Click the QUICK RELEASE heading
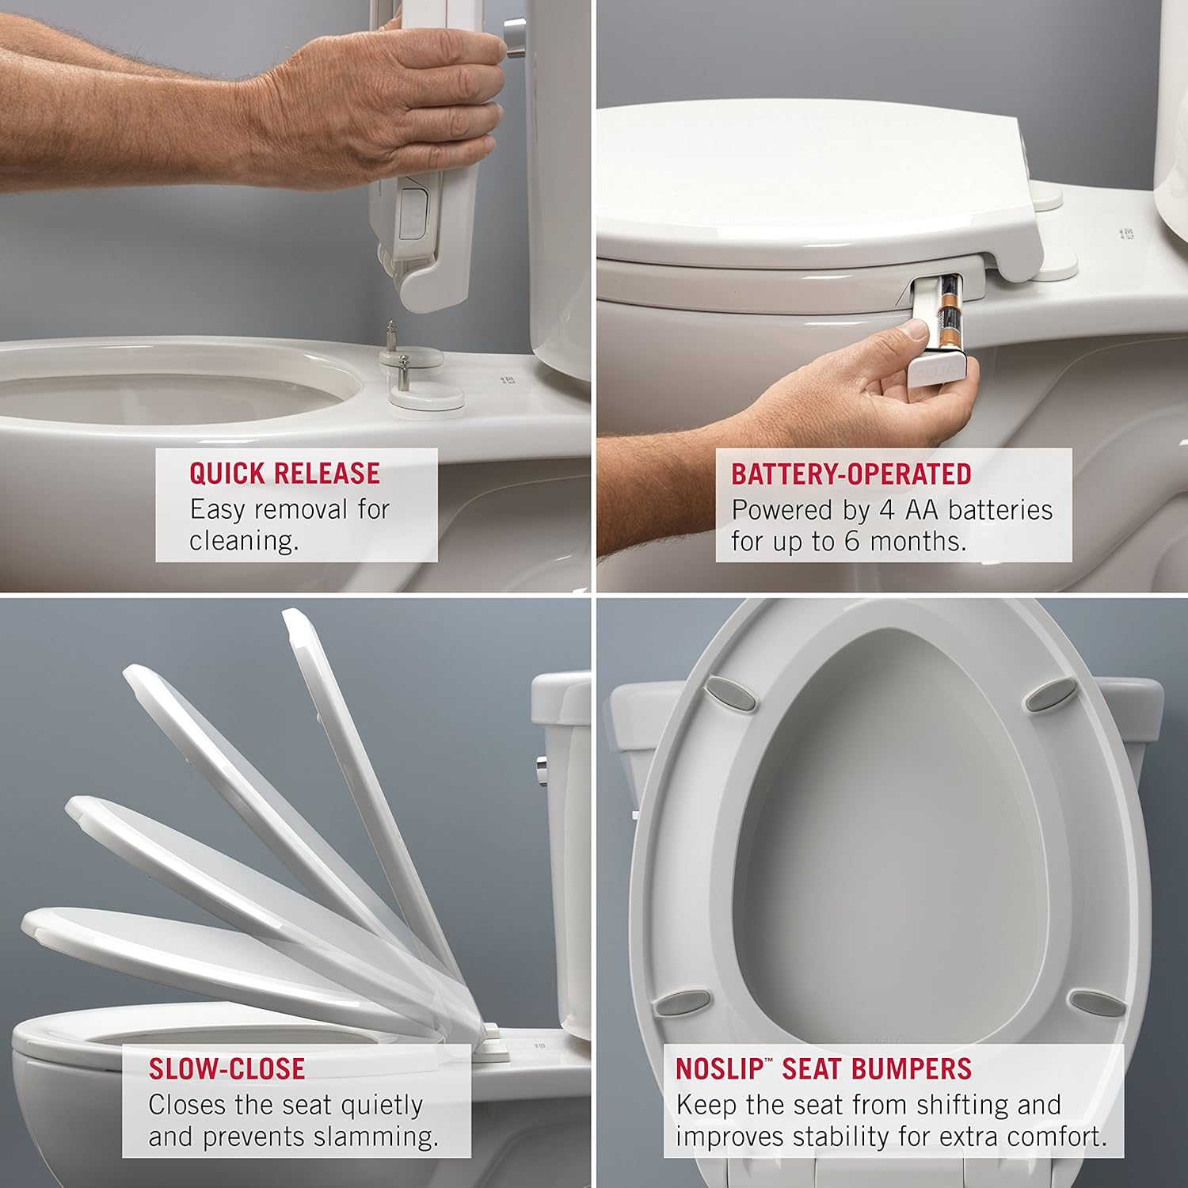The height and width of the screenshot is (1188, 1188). click(284, 473)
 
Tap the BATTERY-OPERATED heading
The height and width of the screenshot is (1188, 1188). click(851, 473)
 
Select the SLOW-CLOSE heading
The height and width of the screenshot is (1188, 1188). click(227, 1068)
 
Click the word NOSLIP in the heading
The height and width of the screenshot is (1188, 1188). click(718, 1068)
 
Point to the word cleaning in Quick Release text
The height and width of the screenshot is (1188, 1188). click(242, 541)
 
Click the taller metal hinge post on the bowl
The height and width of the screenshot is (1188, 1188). click(391, 336)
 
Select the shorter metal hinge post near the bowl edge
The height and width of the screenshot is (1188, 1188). click(403, 372)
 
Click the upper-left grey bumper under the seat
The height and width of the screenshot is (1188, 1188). click(722, 692)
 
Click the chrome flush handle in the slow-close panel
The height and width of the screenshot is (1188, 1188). click(542, 769)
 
